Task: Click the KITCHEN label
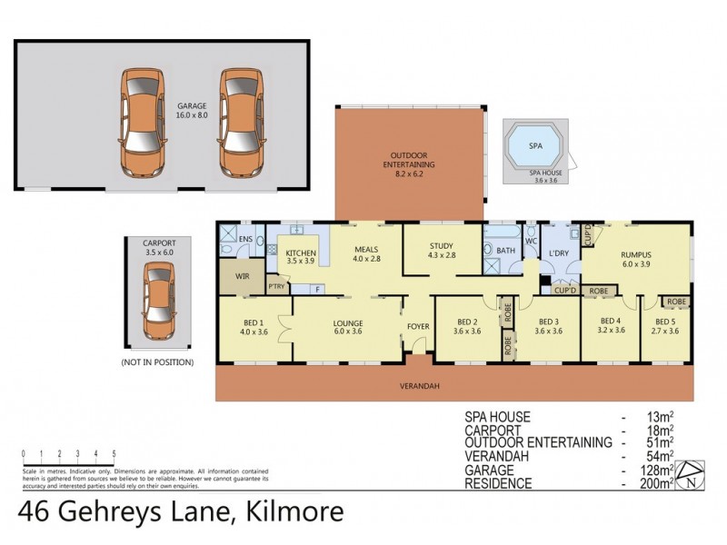(300, 253)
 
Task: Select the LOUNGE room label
(348, 323)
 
